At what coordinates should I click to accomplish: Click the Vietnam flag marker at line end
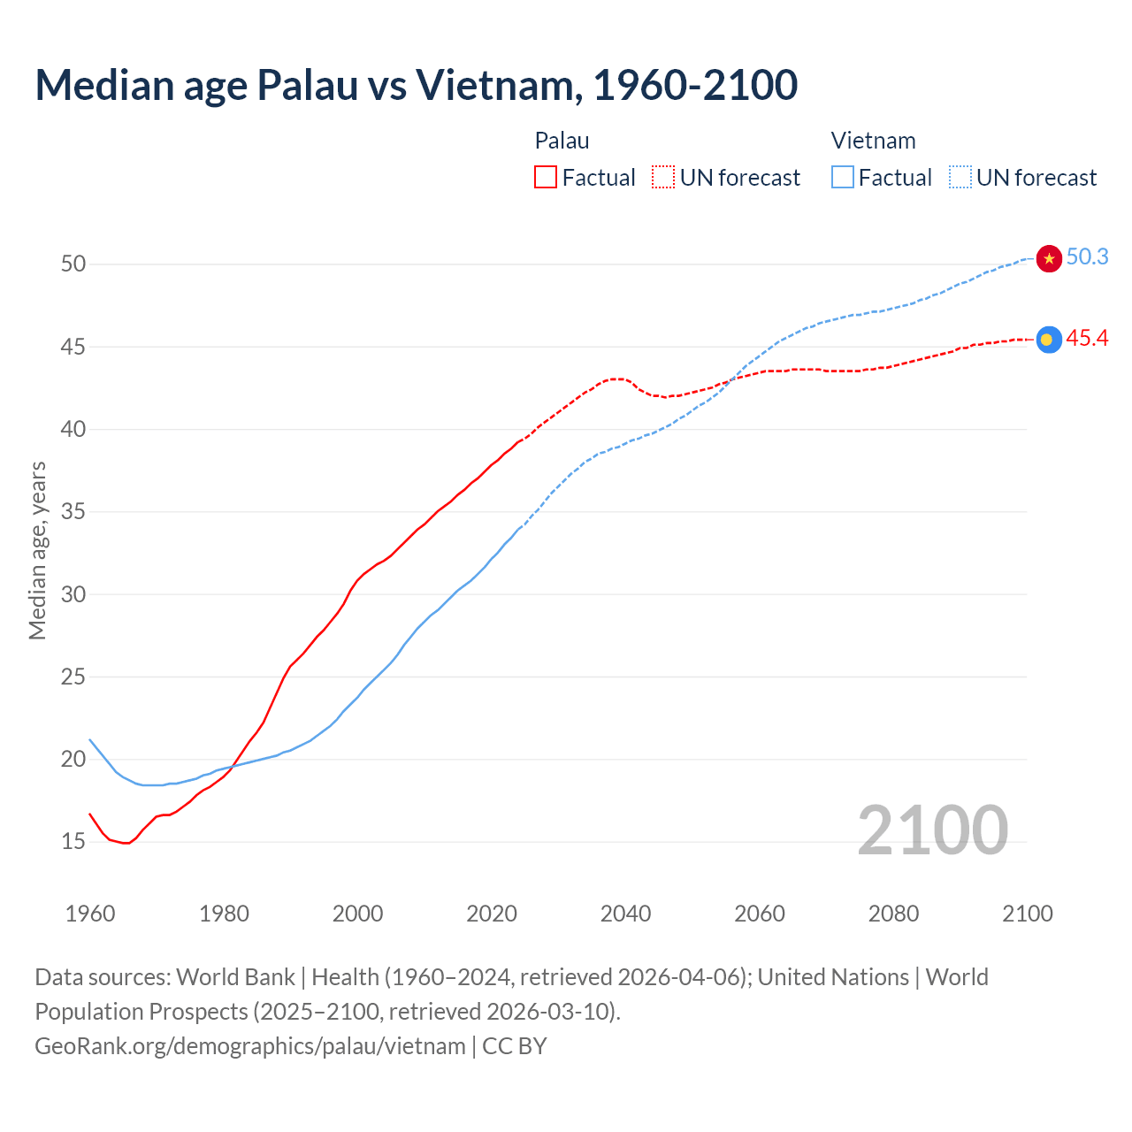click(1049, 258)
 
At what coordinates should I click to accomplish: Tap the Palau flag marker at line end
click(1049, 340)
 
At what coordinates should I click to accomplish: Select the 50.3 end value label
click(1087, 257)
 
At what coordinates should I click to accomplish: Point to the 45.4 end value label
click(1087, 339)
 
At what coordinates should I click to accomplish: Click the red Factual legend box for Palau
click(546, 178)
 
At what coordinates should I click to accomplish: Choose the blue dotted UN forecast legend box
click(960, 178)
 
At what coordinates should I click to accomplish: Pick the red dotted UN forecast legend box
click(663, 178)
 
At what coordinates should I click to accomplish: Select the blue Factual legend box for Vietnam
click(843, 178)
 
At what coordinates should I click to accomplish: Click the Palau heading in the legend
click(562, 141)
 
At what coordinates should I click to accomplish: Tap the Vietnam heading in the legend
click(873, 141)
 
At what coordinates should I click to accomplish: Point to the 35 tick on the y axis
click(73, 512)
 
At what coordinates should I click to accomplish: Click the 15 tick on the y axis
click(73, 842)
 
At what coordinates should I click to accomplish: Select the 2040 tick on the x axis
click(625, 914)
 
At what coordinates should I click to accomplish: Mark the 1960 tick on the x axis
click(90, 914)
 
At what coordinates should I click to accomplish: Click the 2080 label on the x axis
click(893, 914)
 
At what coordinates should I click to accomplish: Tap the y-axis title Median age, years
click(37, 550)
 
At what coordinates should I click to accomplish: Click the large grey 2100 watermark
click(932, 830)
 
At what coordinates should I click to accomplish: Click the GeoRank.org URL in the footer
click(249, 1046)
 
